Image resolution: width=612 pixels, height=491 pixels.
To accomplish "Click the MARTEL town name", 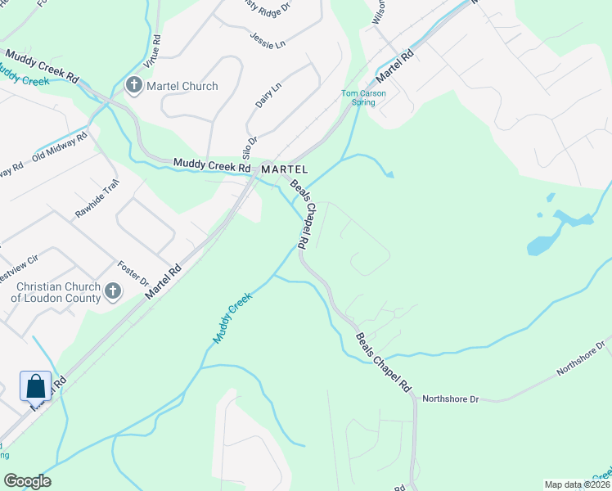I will point(284,169).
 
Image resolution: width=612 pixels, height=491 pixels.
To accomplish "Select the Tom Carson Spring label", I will point(363,97).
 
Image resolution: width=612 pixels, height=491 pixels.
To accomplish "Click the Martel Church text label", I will point(182,86).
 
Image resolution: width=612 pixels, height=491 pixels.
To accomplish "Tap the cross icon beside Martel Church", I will point(133,85).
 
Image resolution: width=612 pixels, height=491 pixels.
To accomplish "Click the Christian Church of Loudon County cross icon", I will point(113,291).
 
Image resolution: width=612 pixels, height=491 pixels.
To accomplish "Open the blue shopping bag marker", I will point(35,385).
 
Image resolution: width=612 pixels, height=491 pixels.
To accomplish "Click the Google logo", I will point(28,481).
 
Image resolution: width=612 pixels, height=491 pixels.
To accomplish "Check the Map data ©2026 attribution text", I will point(576,484).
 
